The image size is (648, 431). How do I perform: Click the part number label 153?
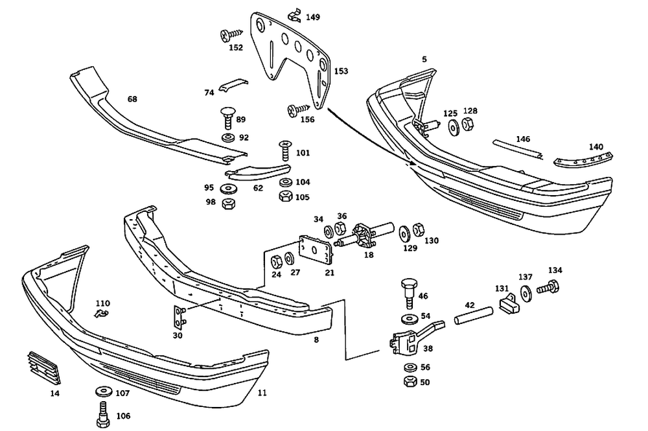pos(341,71)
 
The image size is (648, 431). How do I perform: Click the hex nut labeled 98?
pos(226,204)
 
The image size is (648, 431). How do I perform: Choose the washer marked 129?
pos(404,233)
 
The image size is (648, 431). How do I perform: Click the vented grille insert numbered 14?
pos(44,367)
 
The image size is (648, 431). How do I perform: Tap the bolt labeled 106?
pos(103,415)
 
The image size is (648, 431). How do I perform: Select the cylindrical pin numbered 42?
pos(474,315)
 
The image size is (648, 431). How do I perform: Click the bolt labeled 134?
pos(548,286)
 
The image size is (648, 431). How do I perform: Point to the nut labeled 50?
pos(410,381)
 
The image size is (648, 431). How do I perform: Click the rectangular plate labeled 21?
pos(316,250)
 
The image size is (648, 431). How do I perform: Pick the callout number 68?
pos(132,99)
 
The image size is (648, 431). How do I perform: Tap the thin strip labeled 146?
pos(518,149)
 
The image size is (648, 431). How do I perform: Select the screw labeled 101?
pos(285,150)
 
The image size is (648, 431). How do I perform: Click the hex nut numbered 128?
pos(468,124)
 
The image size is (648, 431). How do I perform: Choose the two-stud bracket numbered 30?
pos(179,318)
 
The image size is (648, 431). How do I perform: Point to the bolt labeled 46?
pos(409,292)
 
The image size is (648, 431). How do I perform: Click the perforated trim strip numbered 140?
pos(584,160)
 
